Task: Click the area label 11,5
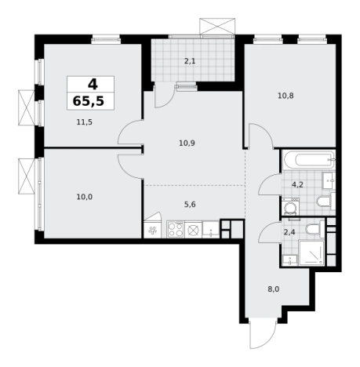[85, 122]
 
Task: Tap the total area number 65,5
[89, 101]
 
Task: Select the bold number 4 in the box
[93, 84]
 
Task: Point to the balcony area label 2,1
[190, 61]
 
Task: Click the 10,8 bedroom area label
[285, 96]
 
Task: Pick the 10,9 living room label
[187, 144]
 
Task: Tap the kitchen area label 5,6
[190, 205]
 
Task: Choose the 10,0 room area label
[85, 197]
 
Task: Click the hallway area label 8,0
[274, 289]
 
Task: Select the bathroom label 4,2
[297, 185]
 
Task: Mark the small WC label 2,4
[289, 232]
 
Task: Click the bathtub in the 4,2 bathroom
[309, 160]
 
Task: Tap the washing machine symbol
[290, 206]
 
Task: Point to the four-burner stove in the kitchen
[176, 229]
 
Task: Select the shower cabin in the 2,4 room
[311, 253]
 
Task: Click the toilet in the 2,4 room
[315, 228]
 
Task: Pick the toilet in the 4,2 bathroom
[325, 202]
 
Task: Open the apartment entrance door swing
[263, 334]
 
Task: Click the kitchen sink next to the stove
[211, 230]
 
